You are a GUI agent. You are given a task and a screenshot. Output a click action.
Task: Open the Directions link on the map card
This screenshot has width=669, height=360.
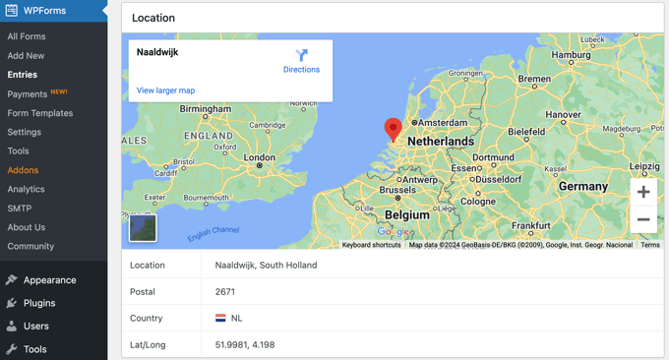click(x=301, y=61)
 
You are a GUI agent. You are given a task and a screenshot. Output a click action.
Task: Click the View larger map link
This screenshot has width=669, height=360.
click(x=165, y=90)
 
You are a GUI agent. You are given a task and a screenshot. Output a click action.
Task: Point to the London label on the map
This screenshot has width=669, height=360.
click(x=260, y=157)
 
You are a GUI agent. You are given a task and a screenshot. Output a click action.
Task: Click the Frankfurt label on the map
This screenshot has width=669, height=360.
click(x=530, y=225)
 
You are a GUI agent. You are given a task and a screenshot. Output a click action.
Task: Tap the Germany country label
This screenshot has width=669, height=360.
click(x=583, y=186)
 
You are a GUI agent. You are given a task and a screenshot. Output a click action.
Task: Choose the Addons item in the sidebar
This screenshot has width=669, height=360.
click(x=23, y=170)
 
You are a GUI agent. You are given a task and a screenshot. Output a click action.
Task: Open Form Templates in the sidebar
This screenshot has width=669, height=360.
click(x=40, y=113)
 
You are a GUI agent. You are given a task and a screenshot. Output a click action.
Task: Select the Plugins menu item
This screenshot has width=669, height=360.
click(x=39, y=303)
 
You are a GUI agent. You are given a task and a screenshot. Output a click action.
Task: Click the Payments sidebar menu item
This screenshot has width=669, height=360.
click(x=28, y=94)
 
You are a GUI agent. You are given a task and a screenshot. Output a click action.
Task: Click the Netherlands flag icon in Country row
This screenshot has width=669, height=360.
click(x=221, y=319)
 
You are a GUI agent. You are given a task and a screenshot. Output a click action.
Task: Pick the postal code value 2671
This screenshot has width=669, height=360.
click(x=225, y=292)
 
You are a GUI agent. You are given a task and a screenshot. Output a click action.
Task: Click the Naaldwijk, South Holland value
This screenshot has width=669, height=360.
click(x=266, y=266)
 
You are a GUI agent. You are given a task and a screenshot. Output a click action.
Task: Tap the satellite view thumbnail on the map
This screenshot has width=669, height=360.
click(x=144, y=227)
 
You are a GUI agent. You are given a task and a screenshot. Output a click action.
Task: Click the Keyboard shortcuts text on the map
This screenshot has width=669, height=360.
click(x=371, y=245)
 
